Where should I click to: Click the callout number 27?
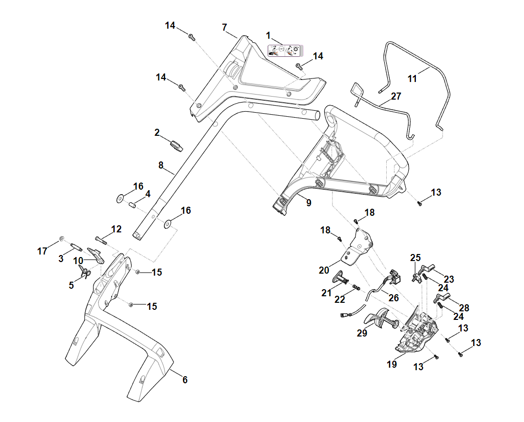click(x=396, y=96)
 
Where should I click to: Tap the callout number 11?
click(x=412, y=78)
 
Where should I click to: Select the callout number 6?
click(x=185, y=380)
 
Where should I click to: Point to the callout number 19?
click(x=392, y=364)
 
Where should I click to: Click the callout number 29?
click(x=362, y=332)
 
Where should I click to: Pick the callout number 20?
click(x=324, y=270)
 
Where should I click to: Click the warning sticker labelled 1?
click(x=283, y=50)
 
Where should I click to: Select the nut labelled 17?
click(x=62, y=238)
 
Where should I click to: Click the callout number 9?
click(x=308, y=203)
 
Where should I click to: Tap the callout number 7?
click(x=224, y=27)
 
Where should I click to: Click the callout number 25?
click(x=415, y=258)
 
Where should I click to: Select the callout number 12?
click(x=116, y=229)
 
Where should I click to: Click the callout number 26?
click(x=393, y=298)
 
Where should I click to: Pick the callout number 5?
click(x=71, y=285)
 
